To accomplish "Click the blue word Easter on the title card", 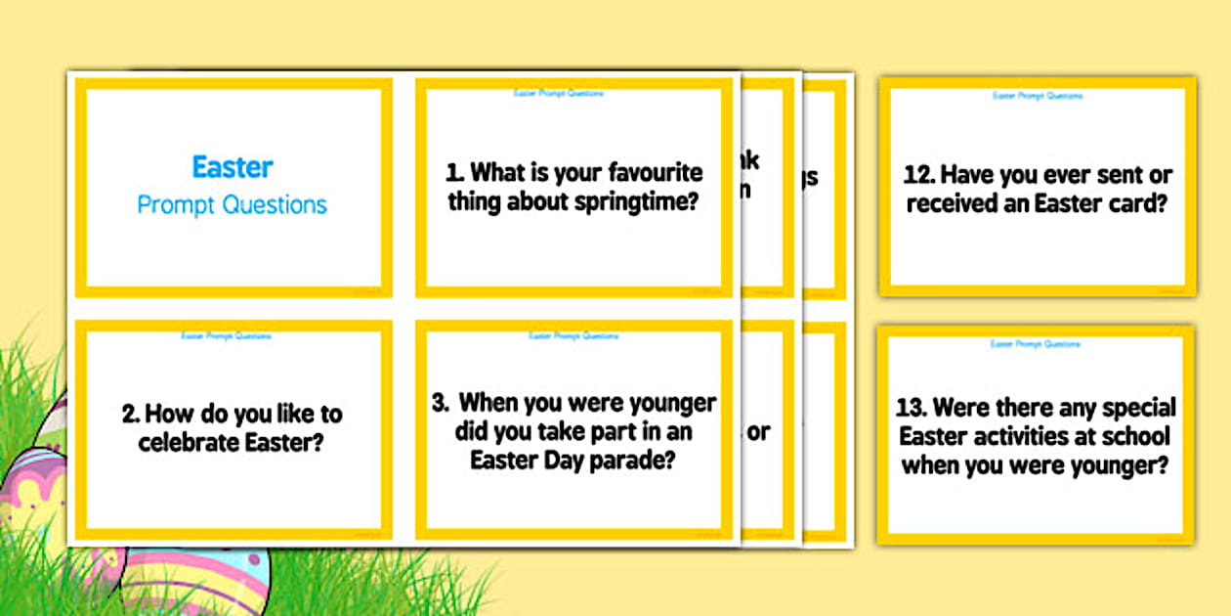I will click(233, 167).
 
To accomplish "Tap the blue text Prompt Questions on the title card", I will click(233, 205).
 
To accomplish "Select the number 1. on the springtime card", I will click(455, 173).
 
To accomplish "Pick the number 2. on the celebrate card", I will click(132, 414).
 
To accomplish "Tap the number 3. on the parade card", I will click(442, 403).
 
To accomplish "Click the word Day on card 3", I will click(554, 460).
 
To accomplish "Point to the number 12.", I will click(921, 177).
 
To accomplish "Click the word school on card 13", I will click(1138, 436).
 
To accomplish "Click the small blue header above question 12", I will click(1038, 96).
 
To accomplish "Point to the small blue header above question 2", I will click(227, 335).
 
